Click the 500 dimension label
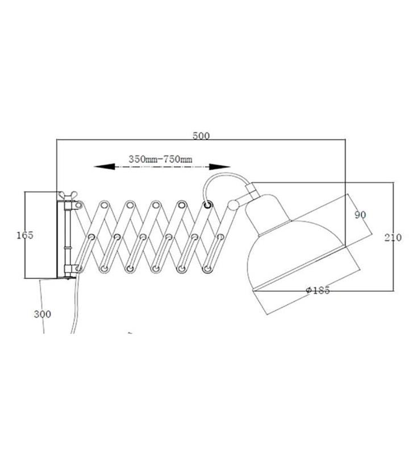pos(201,136)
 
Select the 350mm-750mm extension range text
pos(160,159)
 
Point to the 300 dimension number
pos(42,314)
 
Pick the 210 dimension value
pos(393,237)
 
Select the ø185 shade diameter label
pos(318,290)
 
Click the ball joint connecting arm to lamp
pos(233,204)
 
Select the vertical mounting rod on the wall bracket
pos(67,236)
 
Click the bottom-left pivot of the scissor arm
pos(78,267)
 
